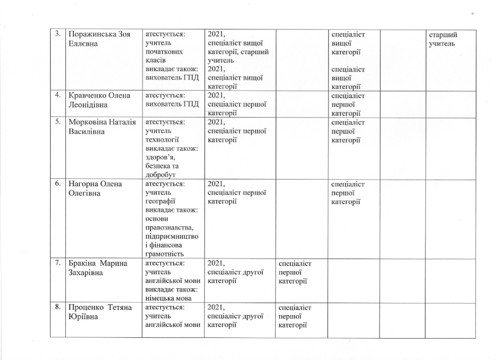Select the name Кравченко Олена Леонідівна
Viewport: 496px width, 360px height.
tap(98, 100)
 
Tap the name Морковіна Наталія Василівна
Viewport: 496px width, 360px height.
tap(102, 127)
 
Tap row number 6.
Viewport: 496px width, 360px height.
tap(58, 184)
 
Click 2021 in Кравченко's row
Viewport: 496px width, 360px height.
tap(216, 96)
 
